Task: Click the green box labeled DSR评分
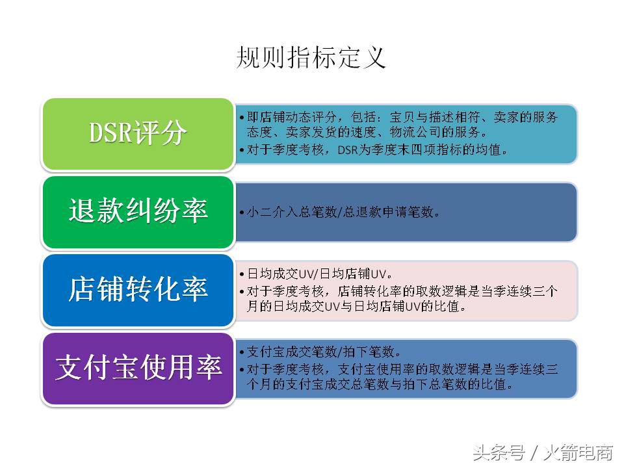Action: pos(138,134)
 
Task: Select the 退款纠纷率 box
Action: pos(138,212)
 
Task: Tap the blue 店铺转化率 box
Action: pos(138,290)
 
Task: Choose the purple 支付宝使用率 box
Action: pos(138,369)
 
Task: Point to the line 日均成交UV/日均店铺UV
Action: pos(318,274)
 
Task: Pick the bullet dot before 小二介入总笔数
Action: pos(241,213)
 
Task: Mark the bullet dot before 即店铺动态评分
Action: pos(241,118)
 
